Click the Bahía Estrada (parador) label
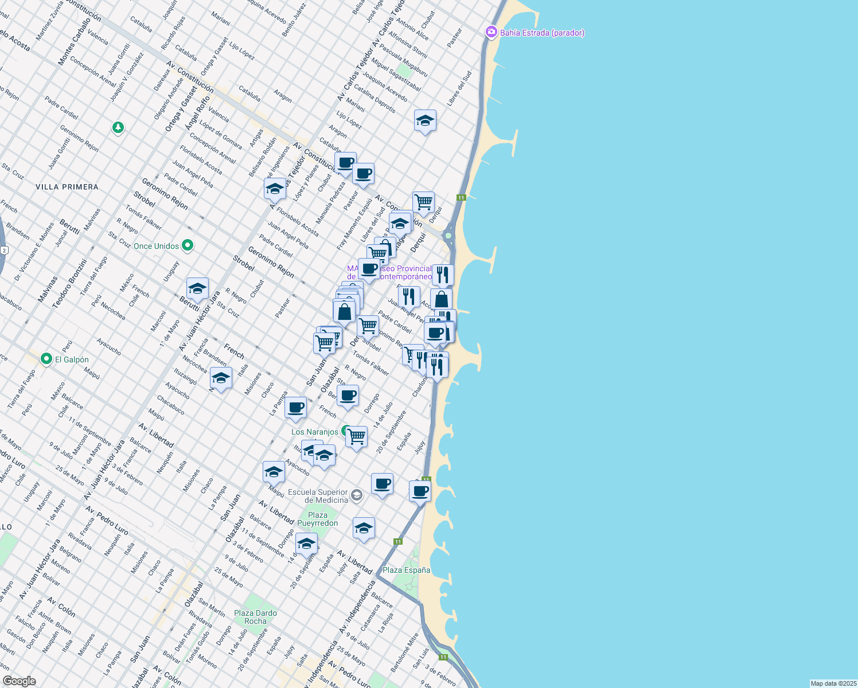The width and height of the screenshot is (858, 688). (x=542, y=33)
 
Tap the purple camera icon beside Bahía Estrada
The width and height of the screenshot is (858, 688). (x=491, y=32)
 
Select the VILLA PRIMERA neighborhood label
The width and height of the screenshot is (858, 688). (x=67, y=187)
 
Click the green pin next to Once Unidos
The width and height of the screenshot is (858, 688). (x=188, y=246)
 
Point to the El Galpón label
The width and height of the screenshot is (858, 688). (x=72, y=359)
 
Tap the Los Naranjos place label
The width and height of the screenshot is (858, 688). (x=314, y=432)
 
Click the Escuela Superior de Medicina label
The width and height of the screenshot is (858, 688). (x=318, y=496)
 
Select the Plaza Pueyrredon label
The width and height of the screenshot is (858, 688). (x=318, y=519)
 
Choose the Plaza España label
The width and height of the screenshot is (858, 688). (x=406, y=570)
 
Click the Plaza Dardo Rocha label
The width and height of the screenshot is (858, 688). (x=256, y=617)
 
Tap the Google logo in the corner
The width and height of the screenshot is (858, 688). (x=19, y=681)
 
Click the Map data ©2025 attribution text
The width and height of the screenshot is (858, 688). (x=833, y=683)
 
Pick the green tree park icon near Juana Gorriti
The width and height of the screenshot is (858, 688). (x=118, y=127)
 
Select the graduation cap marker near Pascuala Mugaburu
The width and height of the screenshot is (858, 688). (x=425, y=120)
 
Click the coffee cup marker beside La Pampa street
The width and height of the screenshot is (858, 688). (x=296, y=408)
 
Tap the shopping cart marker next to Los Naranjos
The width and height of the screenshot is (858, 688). (x=357, y=437)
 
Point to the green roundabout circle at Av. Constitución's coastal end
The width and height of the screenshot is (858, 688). (x=448, y=235)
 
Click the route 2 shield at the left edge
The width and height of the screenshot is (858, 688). (x=4, y=250)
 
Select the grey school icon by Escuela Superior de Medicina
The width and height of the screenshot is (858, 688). (x=357, y=495)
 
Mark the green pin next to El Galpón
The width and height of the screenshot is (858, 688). (x=46, y=359)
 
